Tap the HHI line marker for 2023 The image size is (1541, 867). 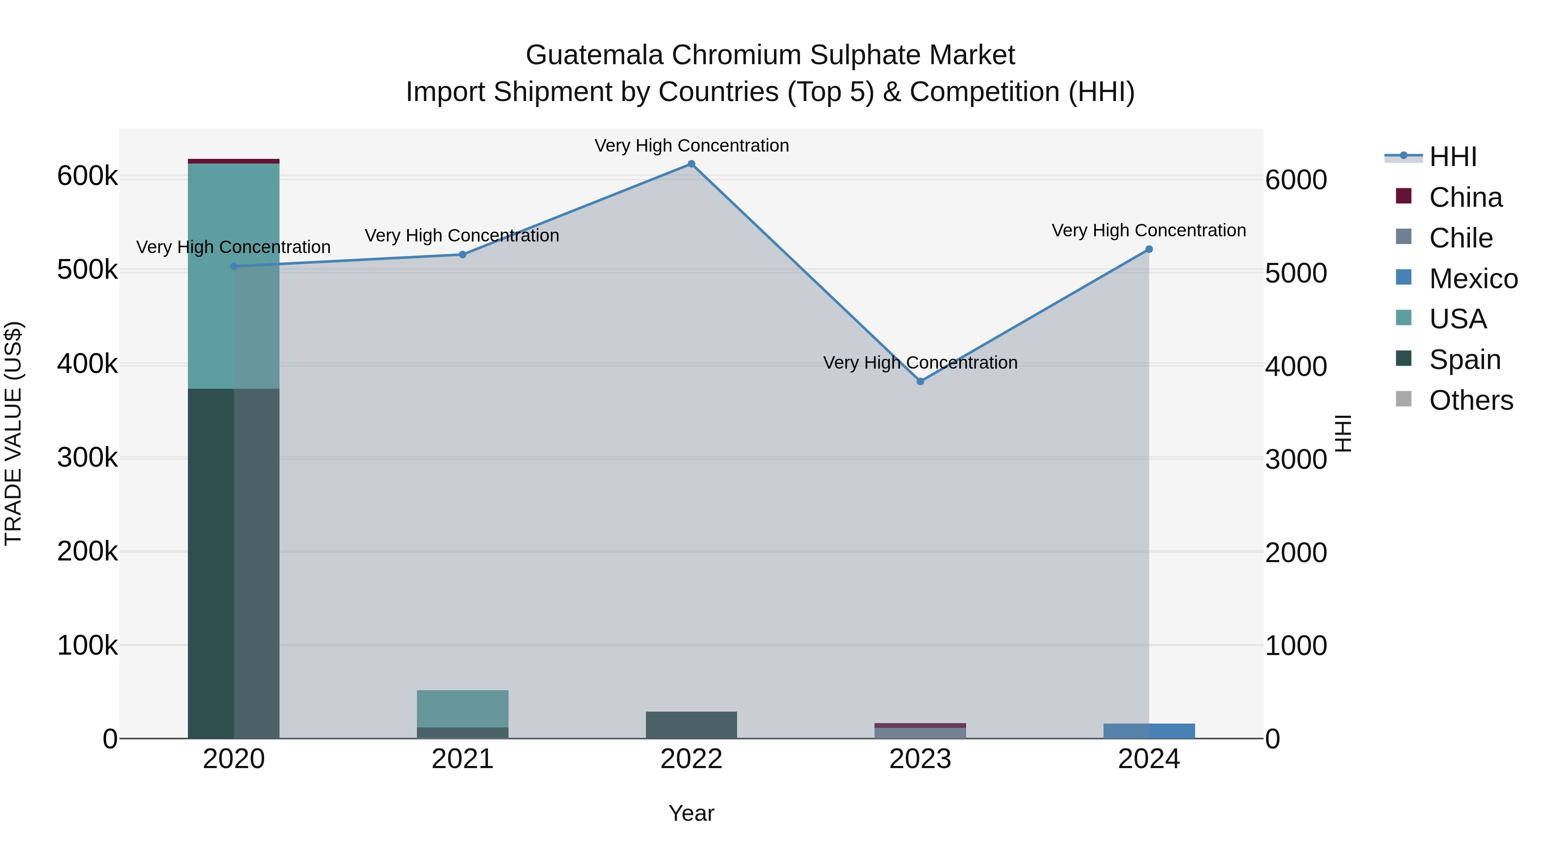click(920, 381)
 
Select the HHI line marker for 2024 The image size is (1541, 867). click(1148, 250)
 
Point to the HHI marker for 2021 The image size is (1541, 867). click(462, 254)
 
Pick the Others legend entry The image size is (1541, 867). click(1470, 400)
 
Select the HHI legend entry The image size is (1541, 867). click(1452, 157)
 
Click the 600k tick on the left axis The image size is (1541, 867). click(87, 176)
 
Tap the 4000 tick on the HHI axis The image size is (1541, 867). click(1296, 366)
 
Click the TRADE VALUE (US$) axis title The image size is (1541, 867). click(13, 433)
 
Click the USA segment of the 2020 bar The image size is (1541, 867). click(233, 276)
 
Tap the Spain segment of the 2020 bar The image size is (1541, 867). click(233, 563)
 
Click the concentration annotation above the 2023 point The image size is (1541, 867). click(920, 363)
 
